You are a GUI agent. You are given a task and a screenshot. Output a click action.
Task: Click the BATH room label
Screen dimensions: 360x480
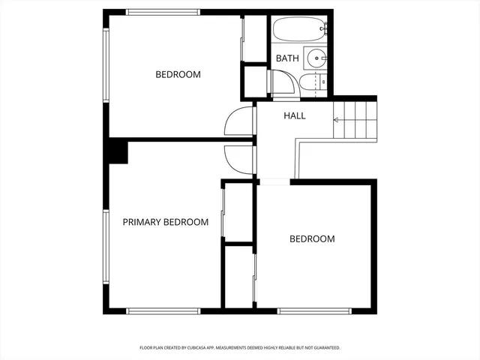click(287, 58)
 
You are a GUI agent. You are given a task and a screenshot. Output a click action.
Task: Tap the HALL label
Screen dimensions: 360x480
click(294, 115)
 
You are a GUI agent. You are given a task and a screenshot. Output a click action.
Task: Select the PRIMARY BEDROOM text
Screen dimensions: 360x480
click(165, 222)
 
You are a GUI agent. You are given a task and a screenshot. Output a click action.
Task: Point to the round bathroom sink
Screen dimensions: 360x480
click(319, 57)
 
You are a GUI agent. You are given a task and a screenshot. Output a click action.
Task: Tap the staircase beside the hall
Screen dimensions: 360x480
click(355, 120)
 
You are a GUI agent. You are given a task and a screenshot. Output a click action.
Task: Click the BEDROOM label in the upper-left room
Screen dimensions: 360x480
click(178, 74)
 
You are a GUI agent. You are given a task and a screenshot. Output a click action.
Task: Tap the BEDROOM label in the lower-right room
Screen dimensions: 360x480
click(312, 239)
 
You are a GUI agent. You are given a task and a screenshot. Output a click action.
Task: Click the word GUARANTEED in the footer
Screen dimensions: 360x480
click(325, 348)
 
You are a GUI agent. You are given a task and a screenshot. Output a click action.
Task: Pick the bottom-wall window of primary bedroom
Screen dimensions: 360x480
click(163, 310)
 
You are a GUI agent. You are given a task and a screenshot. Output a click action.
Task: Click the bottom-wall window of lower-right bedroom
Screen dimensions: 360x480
click(313, 310)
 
